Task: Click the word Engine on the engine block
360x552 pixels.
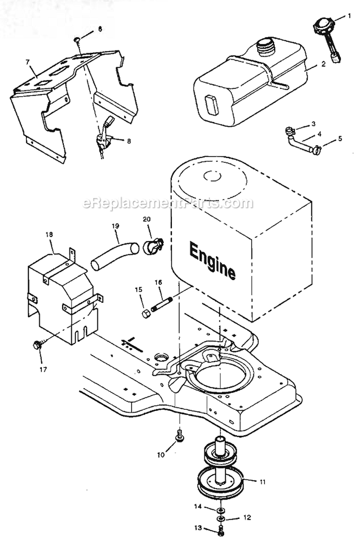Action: tap(212, 260)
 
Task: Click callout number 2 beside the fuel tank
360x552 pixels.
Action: tap(323, 63)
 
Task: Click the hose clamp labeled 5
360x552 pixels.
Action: tap(316, 151)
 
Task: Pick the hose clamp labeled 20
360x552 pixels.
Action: tap(153, 245)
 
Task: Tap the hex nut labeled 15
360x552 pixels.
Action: tap(146, 314)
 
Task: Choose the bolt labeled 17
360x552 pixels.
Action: tap(37, 344)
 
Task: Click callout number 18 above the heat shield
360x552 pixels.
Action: tap(49, 234)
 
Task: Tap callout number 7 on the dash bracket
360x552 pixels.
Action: tap(27, 62)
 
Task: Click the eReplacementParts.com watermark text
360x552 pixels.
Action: tap(168, 203)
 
